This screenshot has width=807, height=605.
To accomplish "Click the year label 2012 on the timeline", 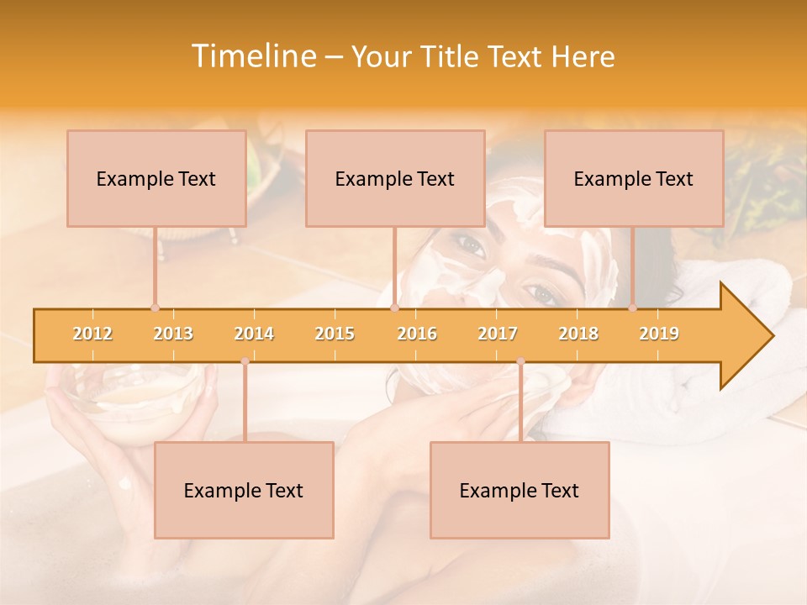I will click(x=92, y=334).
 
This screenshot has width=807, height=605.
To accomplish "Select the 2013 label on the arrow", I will click(x=173, y=334).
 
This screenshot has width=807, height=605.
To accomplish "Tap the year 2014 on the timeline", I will click(x=254, y=334).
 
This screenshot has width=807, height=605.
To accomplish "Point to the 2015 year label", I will click(x=335, y=334).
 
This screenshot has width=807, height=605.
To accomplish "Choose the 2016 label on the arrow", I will click(x=417, y=334).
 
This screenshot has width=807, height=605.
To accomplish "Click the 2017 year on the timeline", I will click(x=498, y=334).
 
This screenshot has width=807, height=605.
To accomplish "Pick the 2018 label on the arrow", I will click(x=578, y=334).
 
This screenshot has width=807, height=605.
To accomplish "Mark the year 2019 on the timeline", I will click(x=659, y=334).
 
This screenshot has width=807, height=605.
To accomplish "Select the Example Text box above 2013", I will click(x=156, y=178).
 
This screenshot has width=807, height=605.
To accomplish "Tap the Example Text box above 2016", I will click(x=395, y=178).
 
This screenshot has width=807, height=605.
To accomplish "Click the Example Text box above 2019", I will click(x=634, y=178).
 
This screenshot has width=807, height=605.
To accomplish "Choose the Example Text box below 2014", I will click(x=244, y=490).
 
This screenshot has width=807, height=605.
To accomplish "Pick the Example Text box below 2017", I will click(x=520, y=490).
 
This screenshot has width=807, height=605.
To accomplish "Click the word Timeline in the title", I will click(x=251, y=56).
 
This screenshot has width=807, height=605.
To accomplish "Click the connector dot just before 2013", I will click(x=155, y=308).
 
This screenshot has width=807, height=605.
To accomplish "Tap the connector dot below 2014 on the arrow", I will click(x=245, y=361).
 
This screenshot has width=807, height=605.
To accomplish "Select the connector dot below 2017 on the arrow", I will click(x=520, y=361).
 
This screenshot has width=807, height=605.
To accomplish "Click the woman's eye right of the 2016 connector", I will click(x=471, y=247).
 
